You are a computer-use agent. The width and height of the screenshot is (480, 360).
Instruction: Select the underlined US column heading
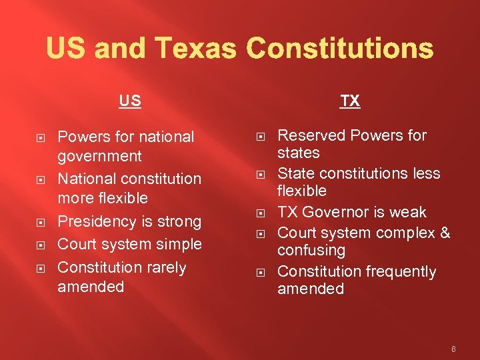pos(130,101)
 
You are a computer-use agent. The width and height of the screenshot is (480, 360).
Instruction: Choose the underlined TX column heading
pos(350,101)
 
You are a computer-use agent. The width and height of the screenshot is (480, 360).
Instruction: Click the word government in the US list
pos(99,156)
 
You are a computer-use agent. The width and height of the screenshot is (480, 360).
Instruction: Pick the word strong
pos(179,221)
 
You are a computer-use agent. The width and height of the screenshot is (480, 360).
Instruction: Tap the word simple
pos(179,244)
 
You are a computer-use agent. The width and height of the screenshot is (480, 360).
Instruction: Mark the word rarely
pos(167,267)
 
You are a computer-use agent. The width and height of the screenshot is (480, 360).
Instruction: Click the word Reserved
pos(311,135)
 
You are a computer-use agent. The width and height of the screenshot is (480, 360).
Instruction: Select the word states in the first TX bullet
pos(298,153)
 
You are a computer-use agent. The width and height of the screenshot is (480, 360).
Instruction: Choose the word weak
pos(409,212)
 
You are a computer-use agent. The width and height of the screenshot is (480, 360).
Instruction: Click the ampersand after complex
pos(445,233)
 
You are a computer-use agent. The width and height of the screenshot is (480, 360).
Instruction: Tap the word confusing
pos(311,251)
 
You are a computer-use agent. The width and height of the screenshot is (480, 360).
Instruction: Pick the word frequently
pos(399,271)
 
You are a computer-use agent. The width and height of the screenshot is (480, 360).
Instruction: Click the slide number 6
pos(453,348)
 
